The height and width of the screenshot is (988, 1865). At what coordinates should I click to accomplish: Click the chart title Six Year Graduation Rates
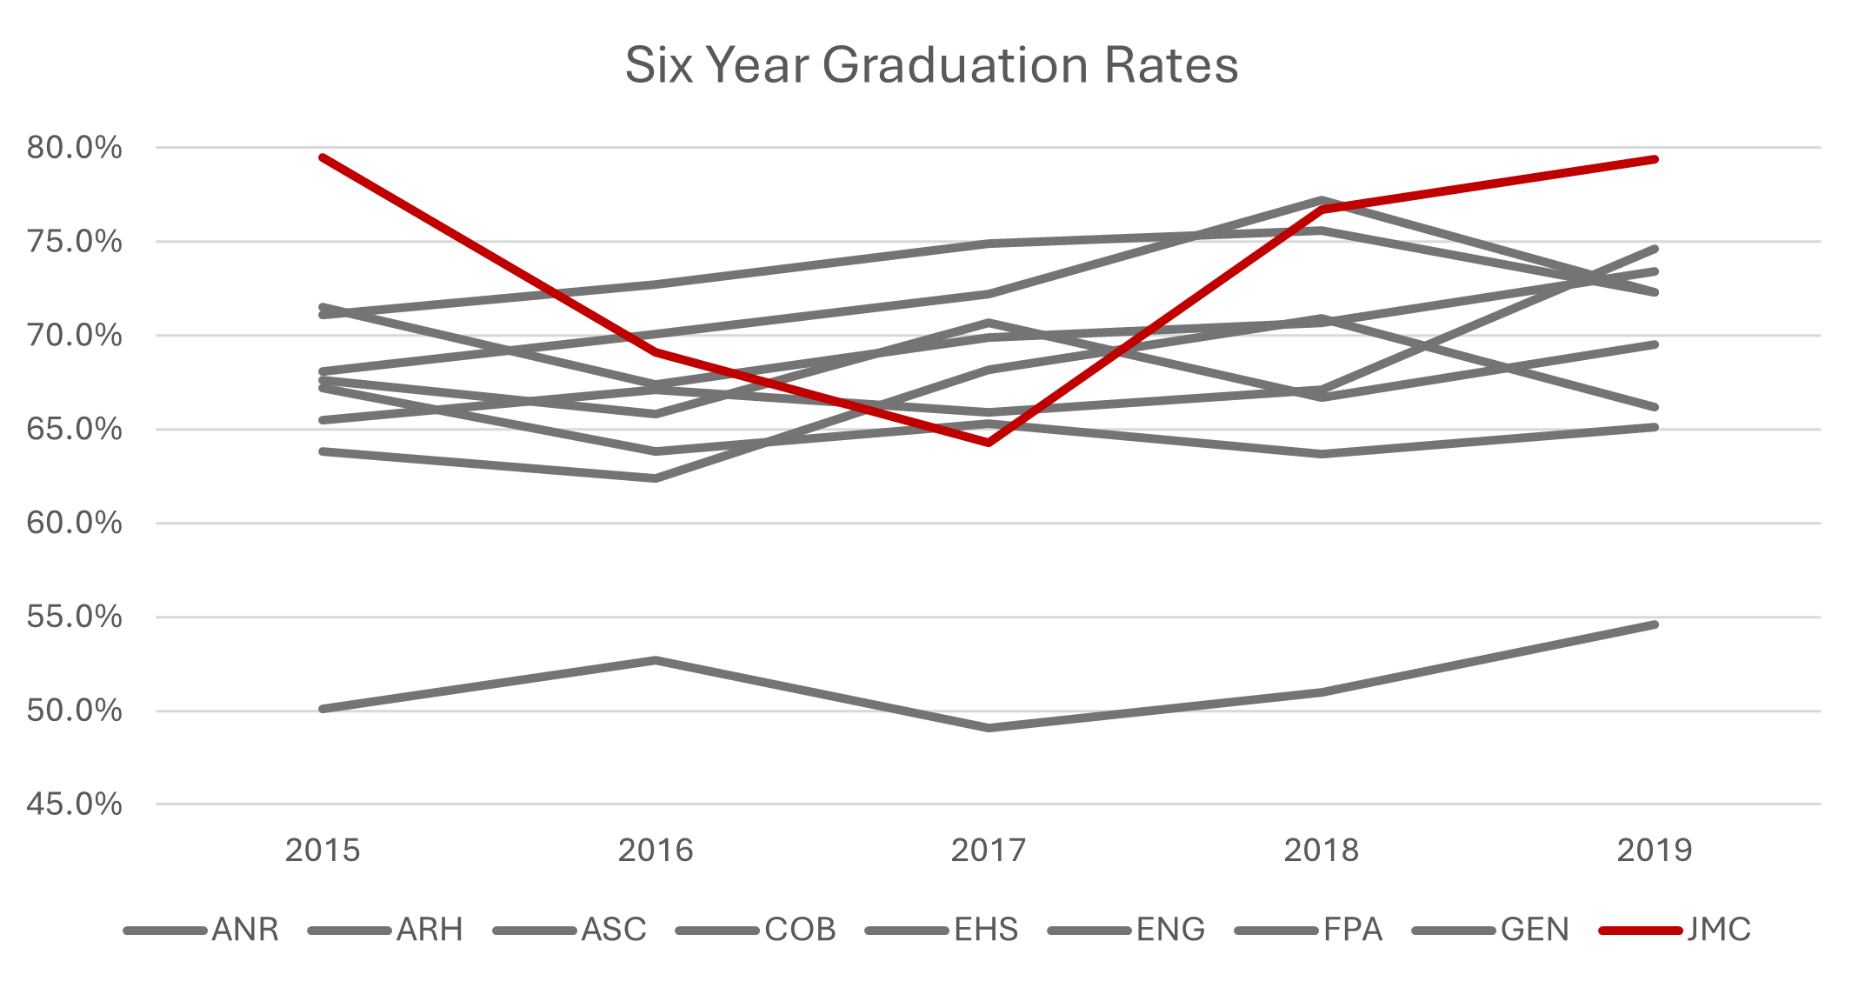click(x=931, y=65)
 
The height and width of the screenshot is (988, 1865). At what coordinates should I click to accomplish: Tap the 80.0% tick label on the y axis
click(x=74, y=148)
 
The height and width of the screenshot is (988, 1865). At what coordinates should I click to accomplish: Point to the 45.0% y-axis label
click(x=74, y=804)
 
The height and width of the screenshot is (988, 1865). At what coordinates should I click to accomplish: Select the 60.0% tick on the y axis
click(x=74, y=524)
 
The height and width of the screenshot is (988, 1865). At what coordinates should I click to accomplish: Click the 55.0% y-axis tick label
click(x=74, y=617)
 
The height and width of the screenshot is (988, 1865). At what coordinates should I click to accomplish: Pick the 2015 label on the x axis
click(x=323, y=851)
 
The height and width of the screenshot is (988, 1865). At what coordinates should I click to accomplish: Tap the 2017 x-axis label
click(x=989, y=851)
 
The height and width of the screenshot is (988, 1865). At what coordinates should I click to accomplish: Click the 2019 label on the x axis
click(x=1655, y=851)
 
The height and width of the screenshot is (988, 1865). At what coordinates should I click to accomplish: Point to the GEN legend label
click(x=1535, y=931)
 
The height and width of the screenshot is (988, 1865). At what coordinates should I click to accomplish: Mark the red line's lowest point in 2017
click(x=989, y=443)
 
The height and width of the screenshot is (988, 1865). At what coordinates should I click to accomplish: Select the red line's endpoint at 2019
click(x=1655, y=159)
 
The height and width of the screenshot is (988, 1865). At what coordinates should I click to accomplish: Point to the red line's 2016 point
click(x=656, y=352)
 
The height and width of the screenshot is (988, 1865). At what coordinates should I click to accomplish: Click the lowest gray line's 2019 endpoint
click(x=1655, y=624)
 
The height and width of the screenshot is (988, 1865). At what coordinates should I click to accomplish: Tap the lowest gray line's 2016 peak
click(x=656, y=659)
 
